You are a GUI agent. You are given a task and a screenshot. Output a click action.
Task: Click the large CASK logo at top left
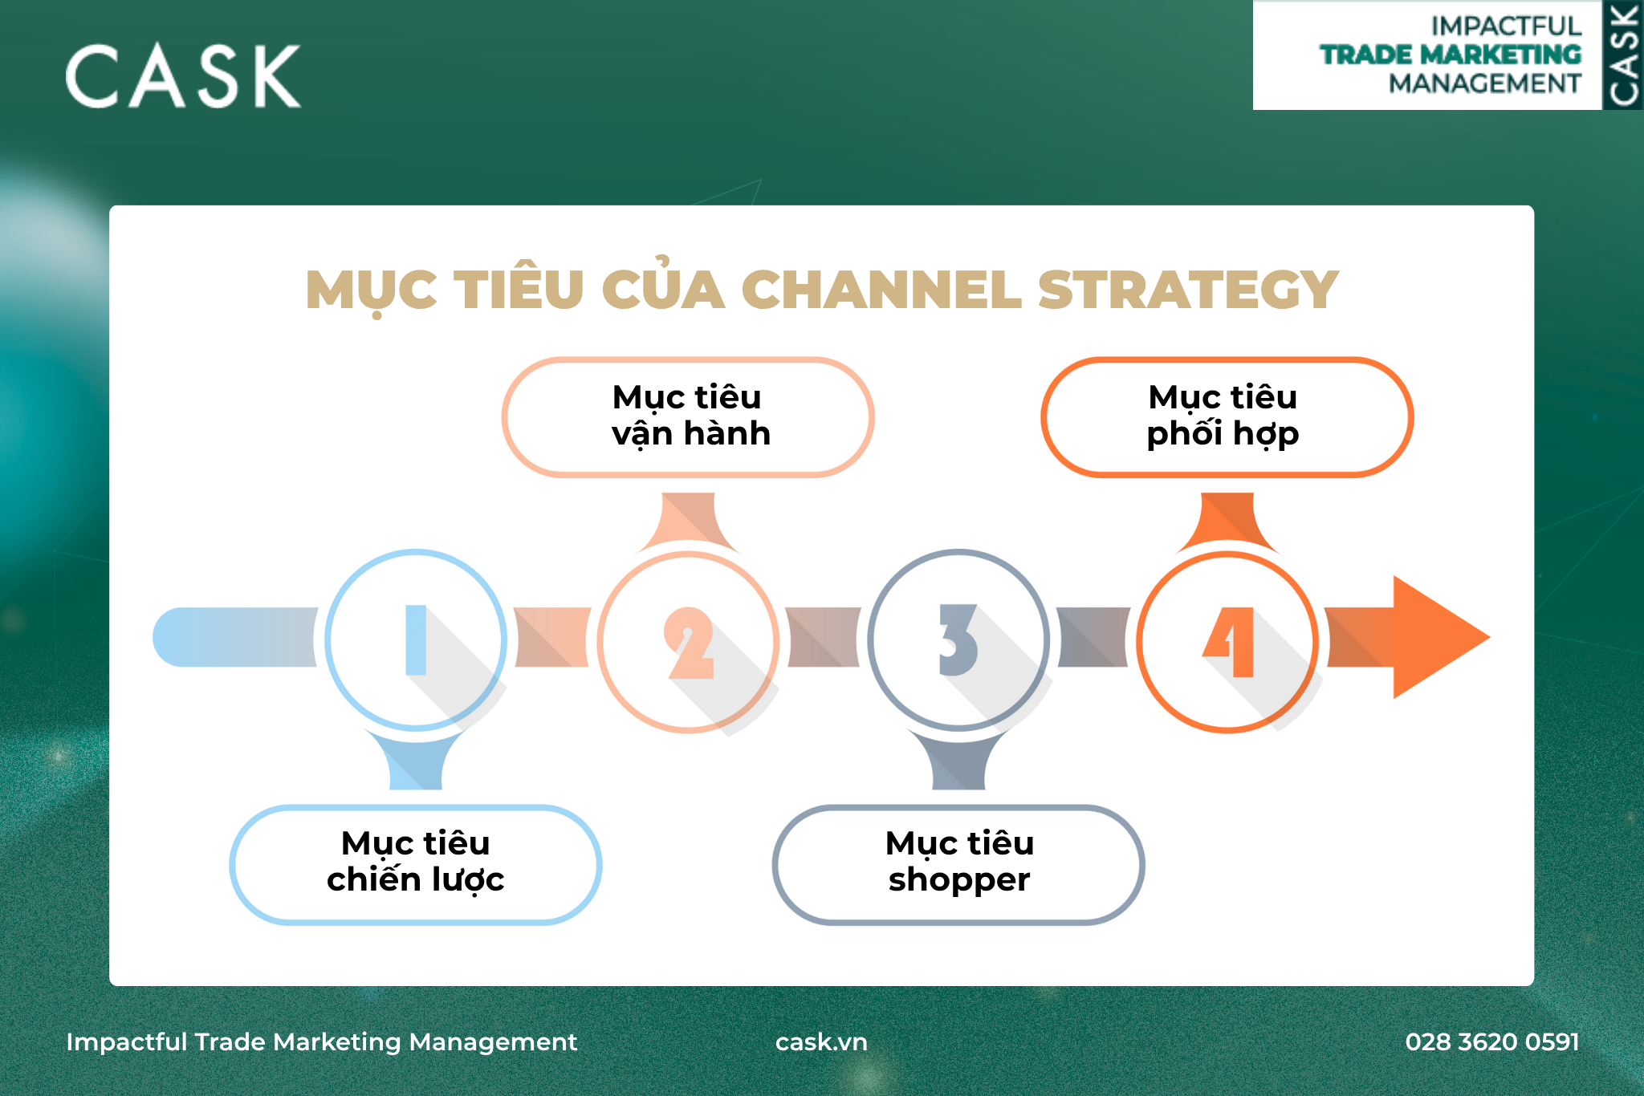point(183,75)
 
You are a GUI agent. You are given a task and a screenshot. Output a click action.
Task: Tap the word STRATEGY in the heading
point(1188,290)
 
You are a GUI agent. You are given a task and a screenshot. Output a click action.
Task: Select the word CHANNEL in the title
point(881,290)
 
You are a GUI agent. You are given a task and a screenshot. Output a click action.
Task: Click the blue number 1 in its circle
point(416,639)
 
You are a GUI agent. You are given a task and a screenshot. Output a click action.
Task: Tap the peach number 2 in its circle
point(689,643)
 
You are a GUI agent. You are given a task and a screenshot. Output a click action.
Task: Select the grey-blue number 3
point(958,639)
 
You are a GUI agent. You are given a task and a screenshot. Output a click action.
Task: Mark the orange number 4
point(1229,642)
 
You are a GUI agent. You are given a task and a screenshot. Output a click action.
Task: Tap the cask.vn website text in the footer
point(821,1041)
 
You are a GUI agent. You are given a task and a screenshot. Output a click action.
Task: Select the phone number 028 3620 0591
point(1492,1041)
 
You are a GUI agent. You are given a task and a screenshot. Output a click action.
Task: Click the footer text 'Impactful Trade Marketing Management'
point(321,1041)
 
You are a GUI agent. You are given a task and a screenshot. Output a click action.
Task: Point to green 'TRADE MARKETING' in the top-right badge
point(1451,55)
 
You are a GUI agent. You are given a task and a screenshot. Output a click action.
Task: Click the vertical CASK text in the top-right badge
point(1623,55)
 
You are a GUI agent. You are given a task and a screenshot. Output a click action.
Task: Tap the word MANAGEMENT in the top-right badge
point(1485,83)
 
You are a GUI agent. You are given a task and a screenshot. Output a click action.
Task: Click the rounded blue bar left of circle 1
point(235,637)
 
